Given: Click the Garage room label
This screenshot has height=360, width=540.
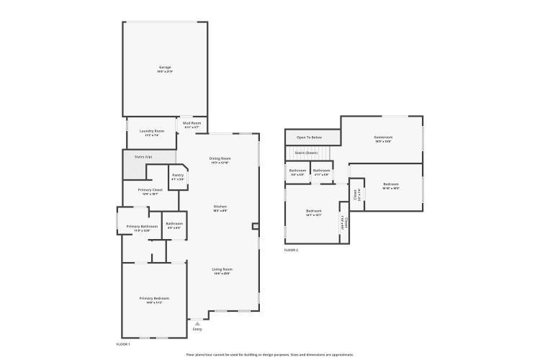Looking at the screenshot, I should click(165, 69).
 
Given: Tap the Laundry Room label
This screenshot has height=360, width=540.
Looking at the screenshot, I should click(152, 131).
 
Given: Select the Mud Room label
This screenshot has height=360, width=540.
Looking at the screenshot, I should click(192, 124).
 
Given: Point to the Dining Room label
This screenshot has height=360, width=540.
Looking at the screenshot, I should click(220, 158).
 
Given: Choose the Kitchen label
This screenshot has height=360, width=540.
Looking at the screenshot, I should click(220, 207).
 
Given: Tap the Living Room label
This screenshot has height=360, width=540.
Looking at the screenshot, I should click(222, 269).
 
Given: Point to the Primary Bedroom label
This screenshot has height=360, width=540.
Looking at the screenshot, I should click(154, 298).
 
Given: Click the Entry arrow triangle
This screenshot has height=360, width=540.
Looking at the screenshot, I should click(197, 323).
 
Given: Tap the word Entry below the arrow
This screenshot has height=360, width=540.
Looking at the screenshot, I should click(197, 329).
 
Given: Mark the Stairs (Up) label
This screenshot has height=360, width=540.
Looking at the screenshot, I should click(143, 156).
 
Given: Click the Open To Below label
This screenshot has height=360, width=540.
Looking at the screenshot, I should click(310, 137).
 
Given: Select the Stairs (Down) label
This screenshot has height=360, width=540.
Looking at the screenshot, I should click(306, 153).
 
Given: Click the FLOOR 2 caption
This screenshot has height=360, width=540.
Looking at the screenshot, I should click(291, 250).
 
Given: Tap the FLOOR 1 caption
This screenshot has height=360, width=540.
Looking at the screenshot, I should click(123, 344).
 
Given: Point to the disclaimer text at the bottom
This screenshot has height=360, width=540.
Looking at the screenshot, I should click(270, 354).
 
